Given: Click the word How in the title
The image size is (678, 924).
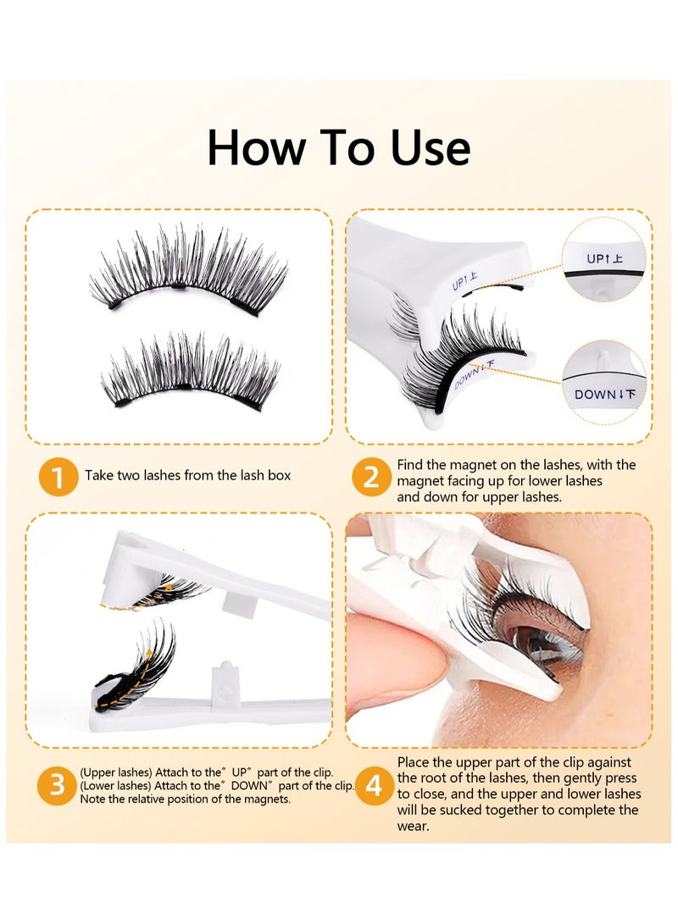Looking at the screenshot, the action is (x=257, y=147).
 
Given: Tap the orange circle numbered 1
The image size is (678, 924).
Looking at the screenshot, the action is (x=58, y=477).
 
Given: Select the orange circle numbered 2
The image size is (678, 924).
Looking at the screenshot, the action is (x=371, y=477).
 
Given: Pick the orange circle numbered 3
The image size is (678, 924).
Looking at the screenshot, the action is (x=57, y=785).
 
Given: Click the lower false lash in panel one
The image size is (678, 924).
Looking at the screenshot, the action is (x=190, y=370).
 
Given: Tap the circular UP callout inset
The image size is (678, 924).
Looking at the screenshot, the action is (x=603, y=259).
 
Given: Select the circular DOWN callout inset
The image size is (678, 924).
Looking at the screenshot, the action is (x=603, y=382).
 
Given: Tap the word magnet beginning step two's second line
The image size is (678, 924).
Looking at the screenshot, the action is (x=419, y=481).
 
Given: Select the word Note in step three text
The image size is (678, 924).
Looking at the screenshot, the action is (x=92, y=799).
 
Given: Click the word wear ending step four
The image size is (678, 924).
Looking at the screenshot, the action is (x=413, y=826).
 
